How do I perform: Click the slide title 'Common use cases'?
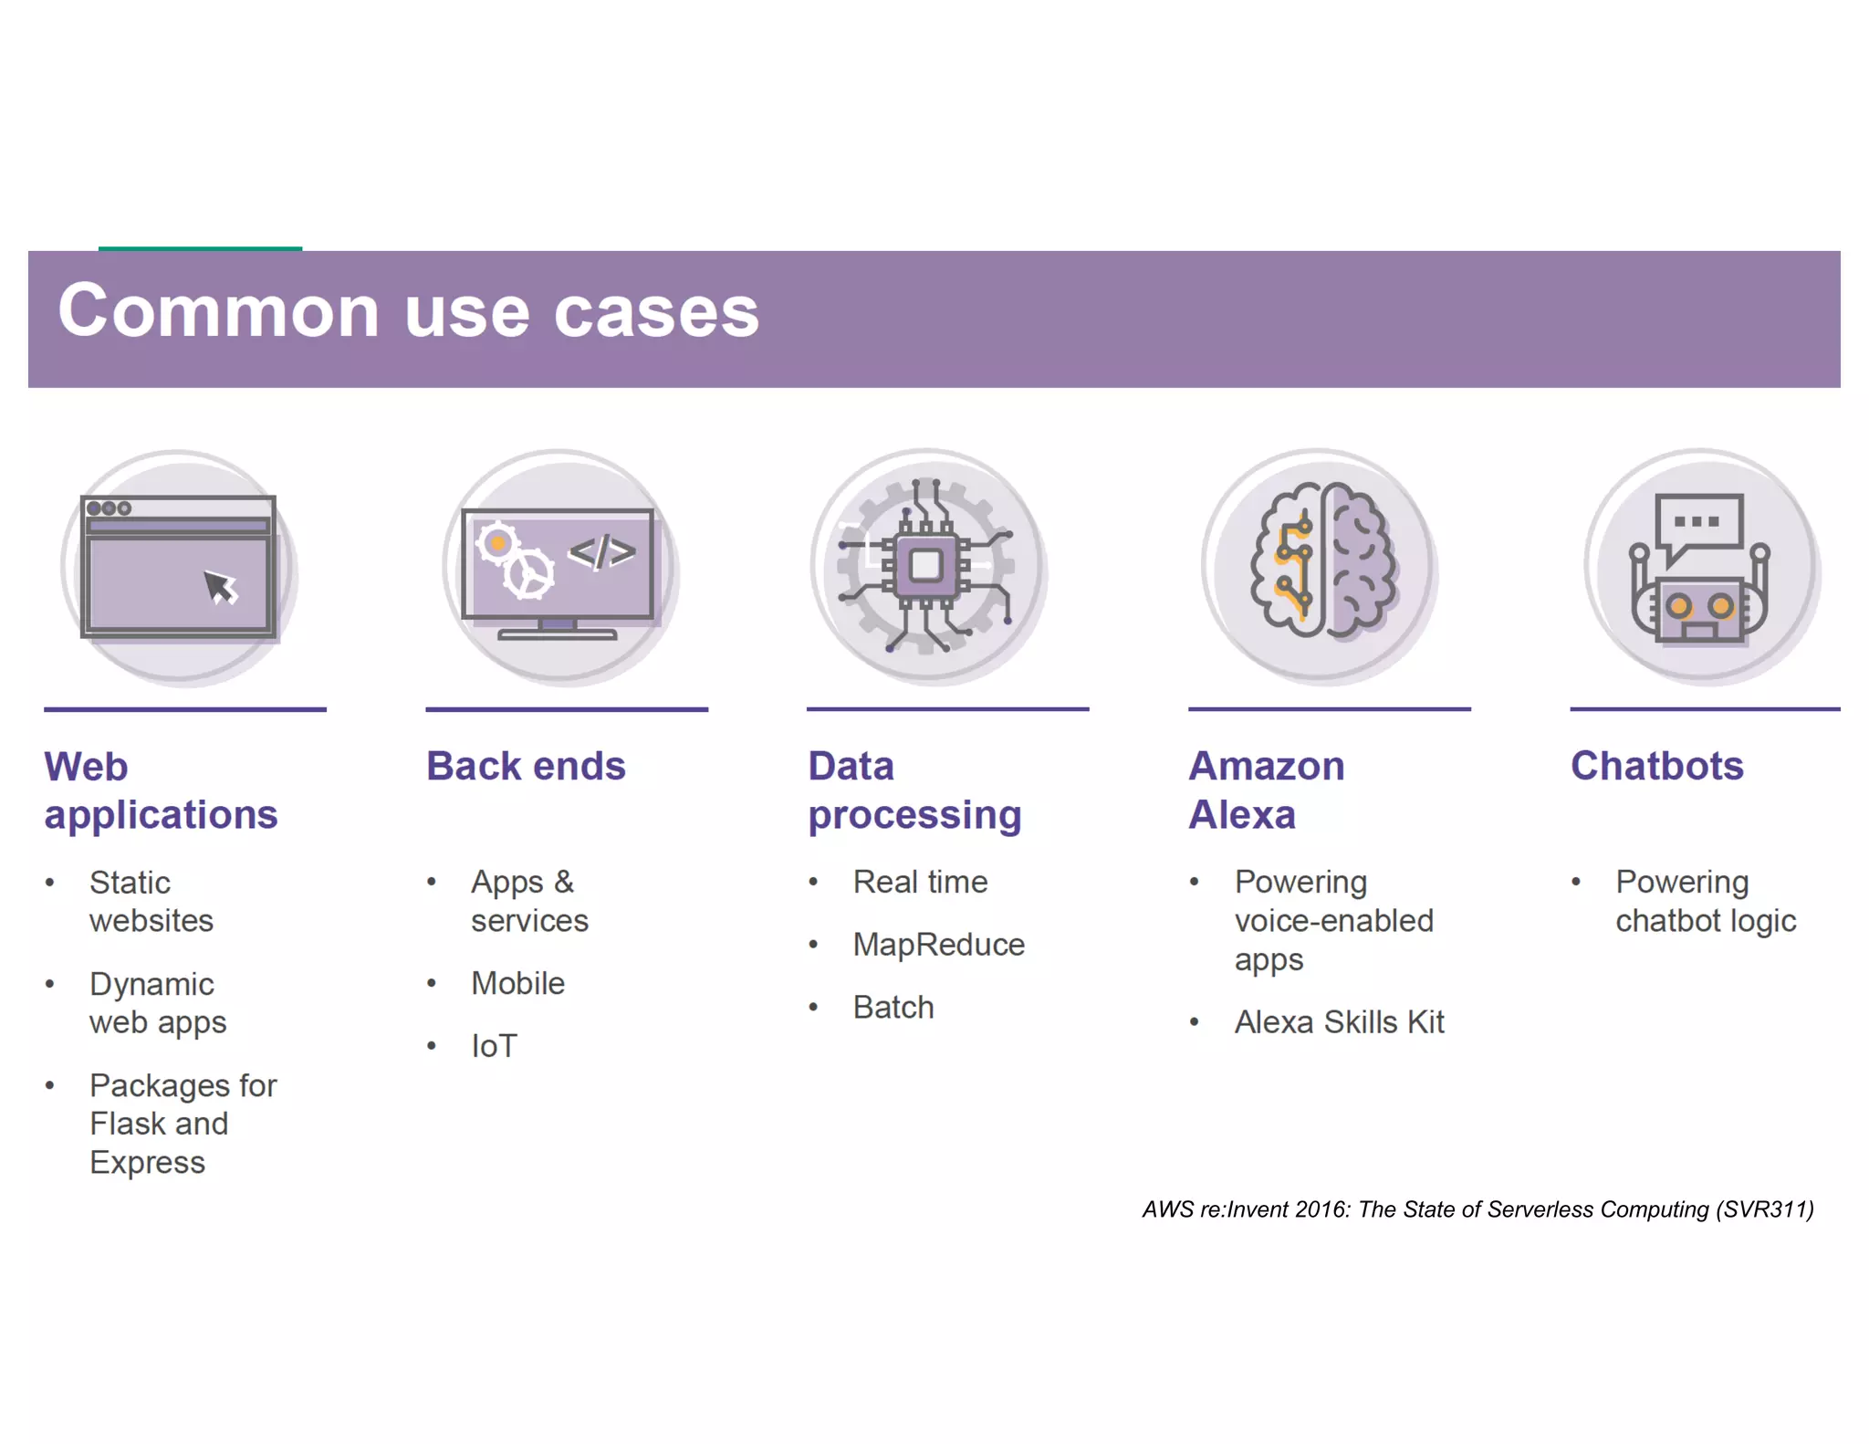point(408,312)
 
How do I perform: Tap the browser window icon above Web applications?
point(179,566)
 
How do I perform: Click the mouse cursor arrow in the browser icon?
point(220,587)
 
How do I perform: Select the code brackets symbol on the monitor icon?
point(601,551)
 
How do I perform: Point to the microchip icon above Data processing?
point(926,565)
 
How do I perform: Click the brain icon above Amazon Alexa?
point(1321,560)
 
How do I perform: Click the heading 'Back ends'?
point(526,766)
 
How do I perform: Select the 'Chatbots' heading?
point(1656,766)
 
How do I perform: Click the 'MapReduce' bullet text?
point(938,945)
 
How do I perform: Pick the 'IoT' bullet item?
point(494,1046)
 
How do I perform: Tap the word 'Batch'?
point(893,1008)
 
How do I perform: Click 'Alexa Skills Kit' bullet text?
point(1339,1022)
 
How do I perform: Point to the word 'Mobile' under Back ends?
point(517,984)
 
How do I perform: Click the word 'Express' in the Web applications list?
point(147,1163)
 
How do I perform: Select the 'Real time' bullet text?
point(920,883)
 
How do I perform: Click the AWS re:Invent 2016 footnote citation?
point(1477,1209)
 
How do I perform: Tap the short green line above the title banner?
point(200,247)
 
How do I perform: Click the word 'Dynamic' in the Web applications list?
point(151,985)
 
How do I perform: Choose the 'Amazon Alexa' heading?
point(1266,790)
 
